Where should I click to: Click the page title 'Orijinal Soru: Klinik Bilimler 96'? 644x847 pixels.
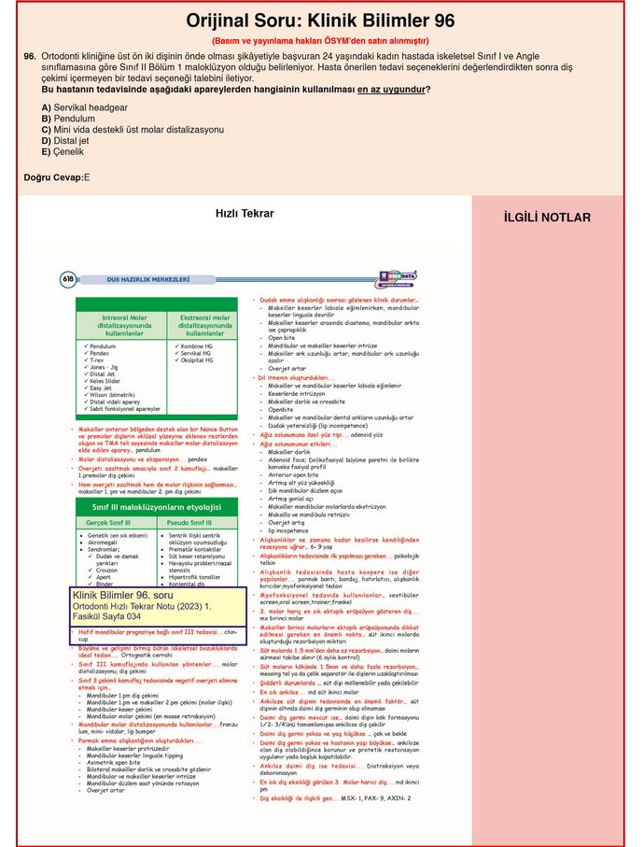pos(321,21)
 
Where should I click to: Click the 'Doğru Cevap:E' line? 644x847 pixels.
pos(57,177)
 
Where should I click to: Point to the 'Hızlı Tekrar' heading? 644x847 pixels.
pos(245,213)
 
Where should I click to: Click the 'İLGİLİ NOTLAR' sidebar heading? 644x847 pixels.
pos(547,218)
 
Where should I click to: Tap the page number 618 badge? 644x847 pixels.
pos(68,278)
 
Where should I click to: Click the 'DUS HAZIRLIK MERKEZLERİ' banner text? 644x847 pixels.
pos(148,278)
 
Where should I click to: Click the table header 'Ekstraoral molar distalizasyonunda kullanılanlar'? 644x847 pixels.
pos(207,325)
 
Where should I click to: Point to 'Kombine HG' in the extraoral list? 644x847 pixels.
pos(195,346)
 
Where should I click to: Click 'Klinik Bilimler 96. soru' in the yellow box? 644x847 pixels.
pos(122,595)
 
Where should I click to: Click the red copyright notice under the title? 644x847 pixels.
pos(320,41)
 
